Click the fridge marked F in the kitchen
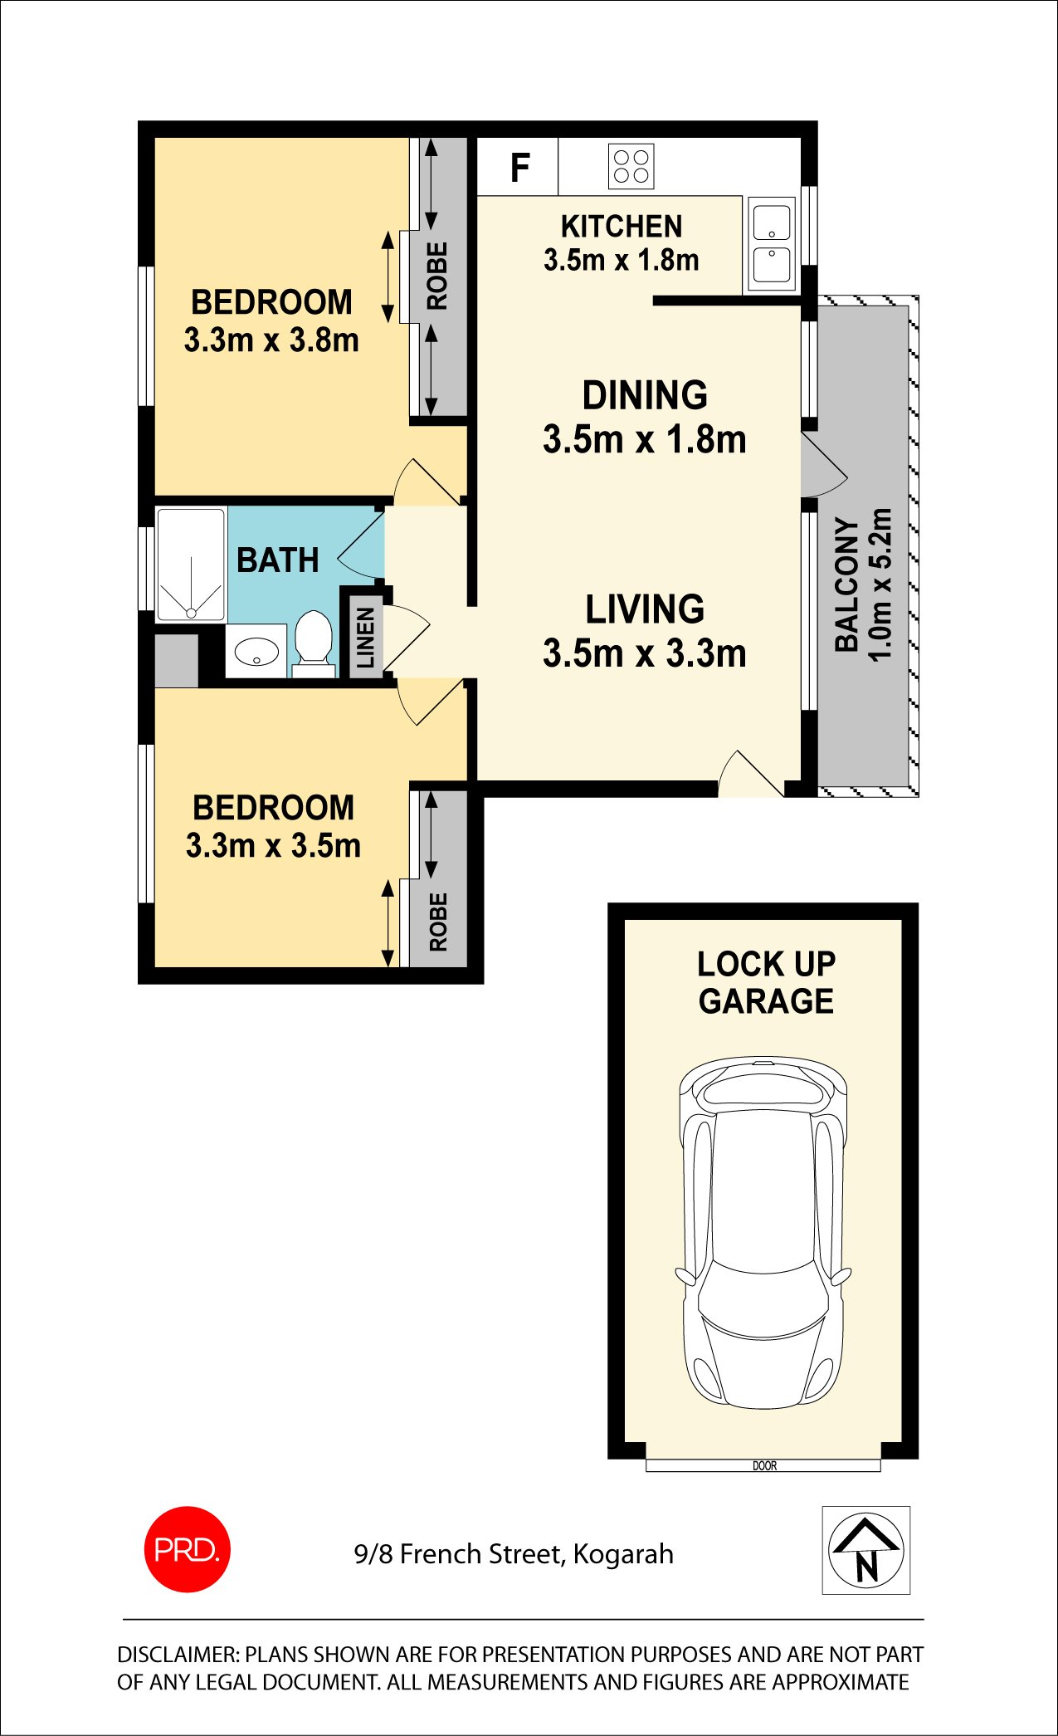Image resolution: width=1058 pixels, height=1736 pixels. coord(518,167)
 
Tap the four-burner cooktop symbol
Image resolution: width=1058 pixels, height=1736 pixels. coord(631,166)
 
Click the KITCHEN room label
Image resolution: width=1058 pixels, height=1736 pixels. coord(622,227)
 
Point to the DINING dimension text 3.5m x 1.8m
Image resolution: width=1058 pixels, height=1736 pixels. coord(645,439)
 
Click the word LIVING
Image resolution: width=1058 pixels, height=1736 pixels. coord(645,609)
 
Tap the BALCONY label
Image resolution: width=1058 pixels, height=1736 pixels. coord(846,584)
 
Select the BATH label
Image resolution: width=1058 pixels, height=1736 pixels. coord(278,560)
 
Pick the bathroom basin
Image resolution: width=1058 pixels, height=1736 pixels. coord(256,652)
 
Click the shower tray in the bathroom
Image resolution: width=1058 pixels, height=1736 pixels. coord(191,565)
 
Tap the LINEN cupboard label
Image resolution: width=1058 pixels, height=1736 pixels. coord(366,638)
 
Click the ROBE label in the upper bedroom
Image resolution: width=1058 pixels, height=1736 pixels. coord(437,276)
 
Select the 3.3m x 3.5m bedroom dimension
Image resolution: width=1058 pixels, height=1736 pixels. coord(273,846)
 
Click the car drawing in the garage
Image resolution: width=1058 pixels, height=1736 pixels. coord(763,1234)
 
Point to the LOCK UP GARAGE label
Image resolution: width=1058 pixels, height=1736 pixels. coord(766,983)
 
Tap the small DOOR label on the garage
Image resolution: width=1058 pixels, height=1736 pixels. coord(764,1466)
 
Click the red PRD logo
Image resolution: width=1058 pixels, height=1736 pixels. coord(188,1549)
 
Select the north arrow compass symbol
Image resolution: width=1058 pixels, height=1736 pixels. coord(866,1550)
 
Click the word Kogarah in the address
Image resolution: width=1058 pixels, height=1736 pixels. coord(623,1554)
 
